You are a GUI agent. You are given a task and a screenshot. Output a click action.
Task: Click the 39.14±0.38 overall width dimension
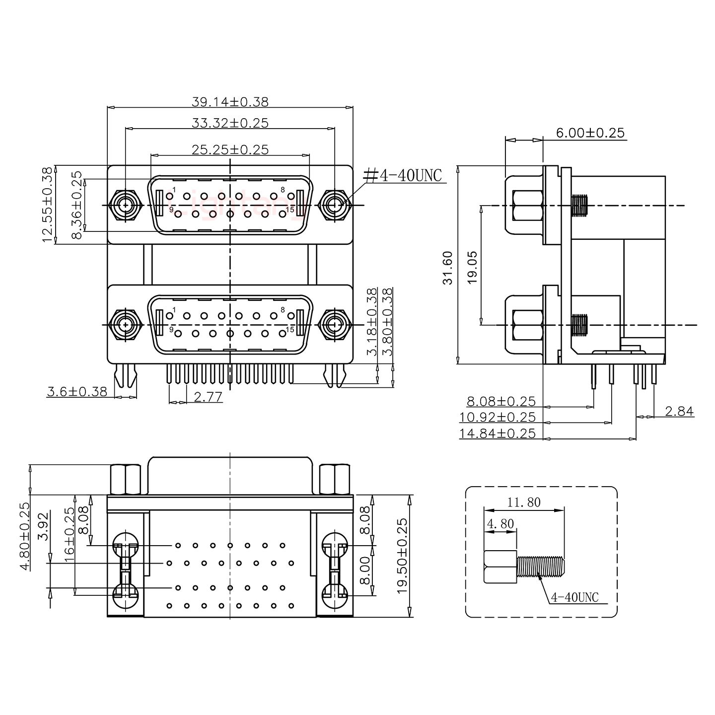(230, 102)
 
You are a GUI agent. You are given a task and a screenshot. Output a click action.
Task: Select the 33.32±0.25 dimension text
(230, 123)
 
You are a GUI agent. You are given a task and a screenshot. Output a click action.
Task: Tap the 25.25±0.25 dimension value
(230, 149)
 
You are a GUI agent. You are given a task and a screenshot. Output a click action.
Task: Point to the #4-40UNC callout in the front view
(403, 175)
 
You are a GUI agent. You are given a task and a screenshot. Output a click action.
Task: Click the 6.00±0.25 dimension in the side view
(590, 133)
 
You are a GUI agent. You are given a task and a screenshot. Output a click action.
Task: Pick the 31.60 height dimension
(449, 268)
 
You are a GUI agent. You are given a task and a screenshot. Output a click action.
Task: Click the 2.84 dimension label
(679, 411)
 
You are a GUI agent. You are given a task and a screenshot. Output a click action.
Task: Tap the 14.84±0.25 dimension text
(498, 433)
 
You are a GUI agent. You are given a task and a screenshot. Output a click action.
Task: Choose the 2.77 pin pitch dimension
(208, 397)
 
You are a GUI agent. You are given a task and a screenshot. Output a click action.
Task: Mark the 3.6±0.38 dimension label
(77, 391)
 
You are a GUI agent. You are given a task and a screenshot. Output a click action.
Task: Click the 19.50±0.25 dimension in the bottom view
(403, 556)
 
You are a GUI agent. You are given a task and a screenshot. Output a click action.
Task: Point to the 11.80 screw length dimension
(524, 502)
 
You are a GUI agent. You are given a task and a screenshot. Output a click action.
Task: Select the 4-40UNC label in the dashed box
(574, 597)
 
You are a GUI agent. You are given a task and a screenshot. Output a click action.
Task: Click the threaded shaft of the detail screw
(540, 567)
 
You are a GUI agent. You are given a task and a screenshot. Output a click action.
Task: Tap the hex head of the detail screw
(500, 567)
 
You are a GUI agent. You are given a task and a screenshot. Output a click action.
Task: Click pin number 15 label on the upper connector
(290, 210)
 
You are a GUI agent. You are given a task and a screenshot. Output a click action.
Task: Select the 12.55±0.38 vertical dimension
(48, 205)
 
